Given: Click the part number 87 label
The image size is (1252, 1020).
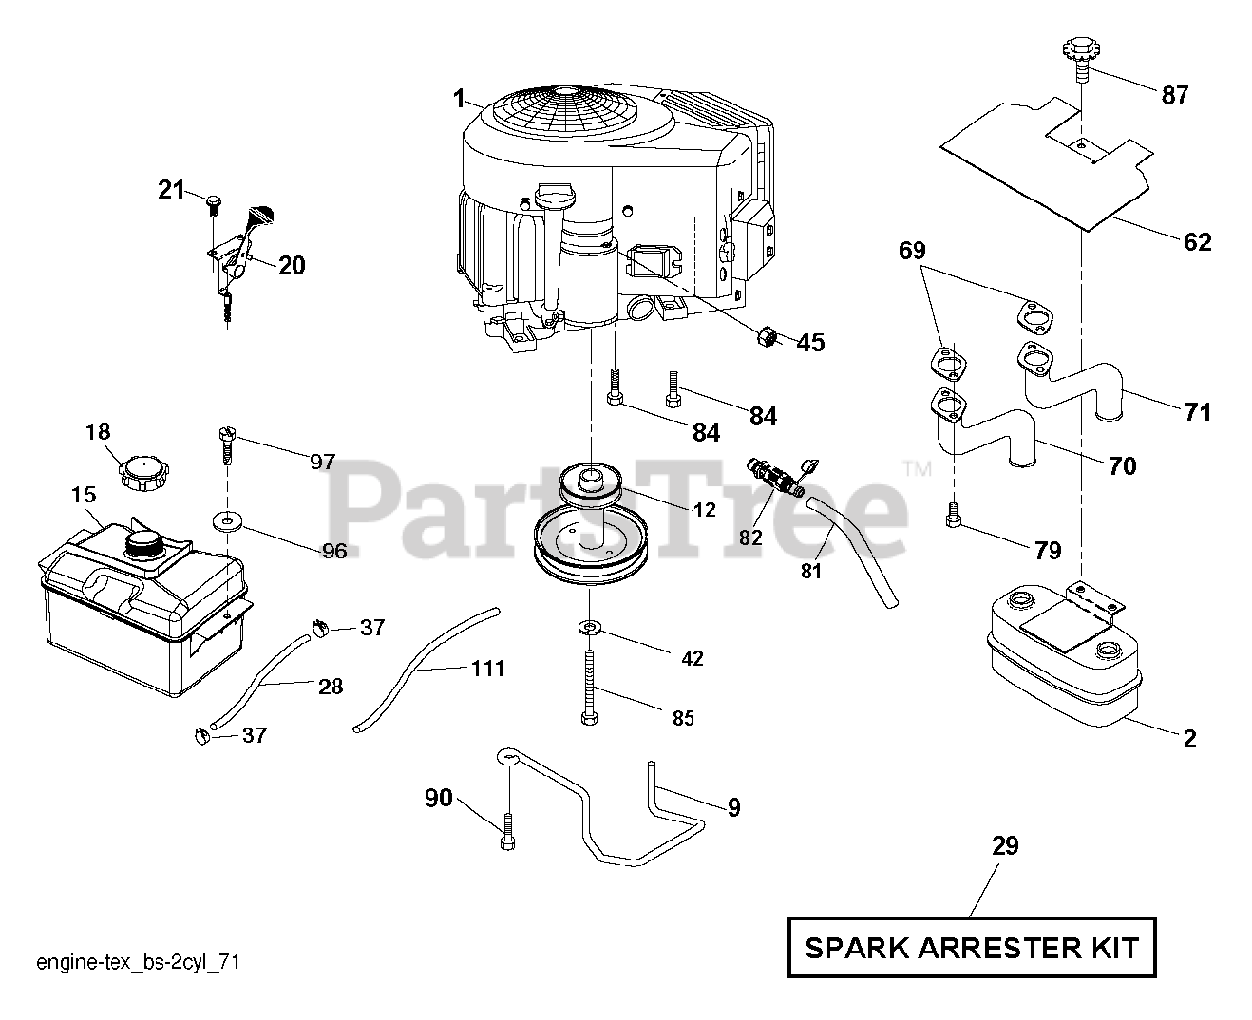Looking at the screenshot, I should [1176, 95].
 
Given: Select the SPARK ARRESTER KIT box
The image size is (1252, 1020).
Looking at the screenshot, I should [971, 947].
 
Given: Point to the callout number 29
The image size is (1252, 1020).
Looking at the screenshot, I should [1006, 846].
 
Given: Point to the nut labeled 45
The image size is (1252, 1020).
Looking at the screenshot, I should [766, 336].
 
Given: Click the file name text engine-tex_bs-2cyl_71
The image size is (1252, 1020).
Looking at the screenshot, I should [138, 963].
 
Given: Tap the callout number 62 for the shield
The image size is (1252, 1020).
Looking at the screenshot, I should [1197, 242].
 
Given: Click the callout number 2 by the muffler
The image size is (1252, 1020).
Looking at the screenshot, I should [1189, 738].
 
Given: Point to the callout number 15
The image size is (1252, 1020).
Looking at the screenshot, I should [83, 496].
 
